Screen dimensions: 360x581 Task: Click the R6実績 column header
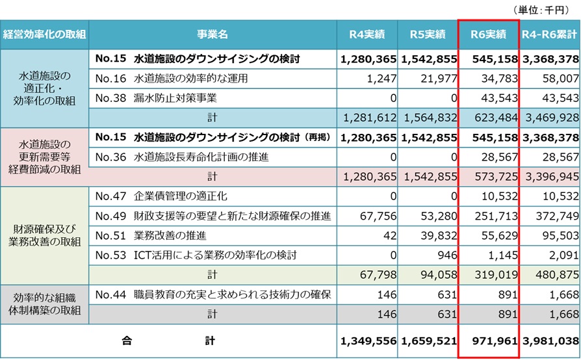coord(487,34)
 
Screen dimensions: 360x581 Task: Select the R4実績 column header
coord(367,34)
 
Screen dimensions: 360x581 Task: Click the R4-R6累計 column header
coord(550,34)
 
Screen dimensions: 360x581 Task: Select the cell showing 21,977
coord(429,78)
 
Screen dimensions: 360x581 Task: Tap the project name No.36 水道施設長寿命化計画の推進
coord(181,157)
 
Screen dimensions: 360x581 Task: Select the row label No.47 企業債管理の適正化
coord(161,196)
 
